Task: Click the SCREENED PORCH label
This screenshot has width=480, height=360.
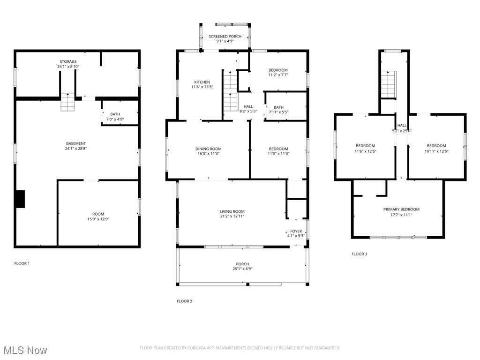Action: [225, 36]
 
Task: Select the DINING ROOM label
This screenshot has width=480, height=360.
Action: [209, 149]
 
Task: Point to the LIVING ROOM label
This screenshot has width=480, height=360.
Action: [232, 211]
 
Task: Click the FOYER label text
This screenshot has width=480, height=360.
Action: [296, 231]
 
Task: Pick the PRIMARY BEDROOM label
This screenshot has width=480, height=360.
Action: [401, 209]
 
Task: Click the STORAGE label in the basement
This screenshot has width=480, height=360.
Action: [68, 61]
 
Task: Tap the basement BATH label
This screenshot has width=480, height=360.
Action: [115, 114]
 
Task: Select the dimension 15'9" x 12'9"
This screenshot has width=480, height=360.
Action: [98, 219]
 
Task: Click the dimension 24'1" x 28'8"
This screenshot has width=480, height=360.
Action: [76, 149]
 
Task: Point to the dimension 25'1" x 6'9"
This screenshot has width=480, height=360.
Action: [242, 269]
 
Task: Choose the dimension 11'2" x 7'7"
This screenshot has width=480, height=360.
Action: [278, 75]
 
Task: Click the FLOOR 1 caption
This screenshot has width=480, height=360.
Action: [22, 263]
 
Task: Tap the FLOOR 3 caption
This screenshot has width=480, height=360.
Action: [360, 254]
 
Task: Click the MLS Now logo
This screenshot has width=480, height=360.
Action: [25, 350]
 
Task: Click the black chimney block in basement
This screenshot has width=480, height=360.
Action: [20, 198]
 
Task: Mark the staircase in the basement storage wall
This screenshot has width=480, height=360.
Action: [67, 102]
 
